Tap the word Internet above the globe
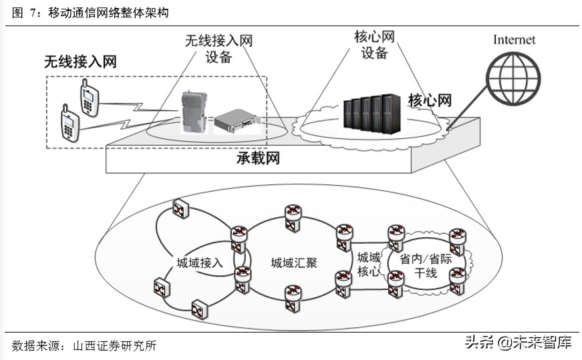coord(514,39)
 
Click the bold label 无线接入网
coord(80,62)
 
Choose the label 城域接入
coord(200,262)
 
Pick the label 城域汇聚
coord(293,262)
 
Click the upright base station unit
coord(195,112)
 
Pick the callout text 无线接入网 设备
coord(219,49)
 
